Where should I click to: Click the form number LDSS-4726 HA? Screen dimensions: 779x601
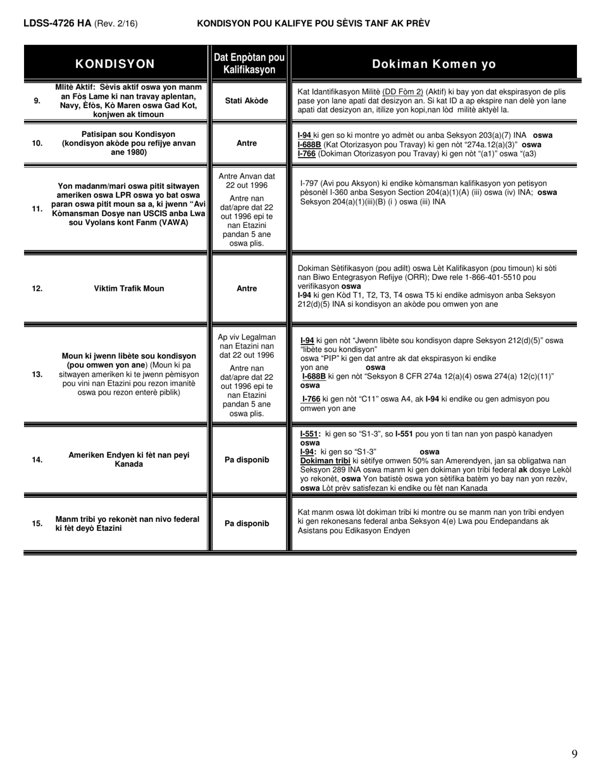(57, 23)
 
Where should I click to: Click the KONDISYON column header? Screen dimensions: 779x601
(115, 63)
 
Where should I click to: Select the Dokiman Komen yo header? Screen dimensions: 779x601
(434, 63)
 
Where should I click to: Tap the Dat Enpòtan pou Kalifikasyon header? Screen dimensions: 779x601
(249, 63)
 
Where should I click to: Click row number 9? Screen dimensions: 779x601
(37, 100)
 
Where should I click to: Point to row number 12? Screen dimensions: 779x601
(37, 288)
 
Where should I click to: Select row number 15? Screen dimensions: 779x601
(37, 523)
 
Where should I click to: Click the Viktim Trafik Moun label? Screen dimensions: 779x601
(129, 288)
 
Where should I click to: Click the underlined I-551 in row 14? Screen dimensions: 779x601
(309, 434)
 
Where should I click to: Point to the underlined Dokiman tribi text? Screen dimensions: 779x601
(325, 460)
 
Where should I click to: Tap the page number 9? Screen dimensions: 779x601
(574, 754)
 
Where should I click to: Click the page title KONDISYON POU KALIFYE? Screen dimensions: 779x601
(313, 23)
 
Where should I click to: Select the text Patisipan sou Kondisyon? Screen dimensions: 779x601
(128, 134)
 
